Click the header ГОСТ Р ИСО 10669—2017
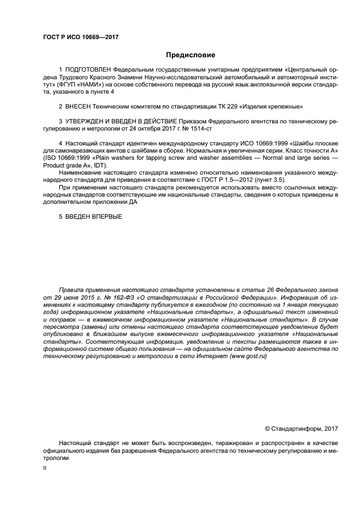tap(80, 37)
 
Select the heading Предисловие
tap(191, 56)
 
